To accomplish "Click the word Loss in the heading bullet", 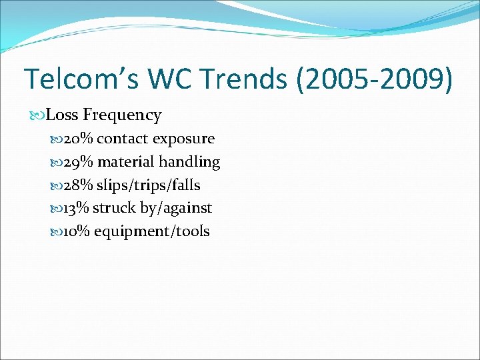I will (63, 115).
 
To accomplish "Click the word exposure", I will (183, 139).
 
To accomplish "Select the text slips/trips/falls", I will (149, 185).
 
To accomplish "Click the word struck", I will (113, 208).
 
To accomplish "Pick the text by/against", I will (176, 209).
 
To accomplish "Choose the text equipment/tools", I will (152, 232).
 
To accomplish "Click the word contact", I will (123, 139).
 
